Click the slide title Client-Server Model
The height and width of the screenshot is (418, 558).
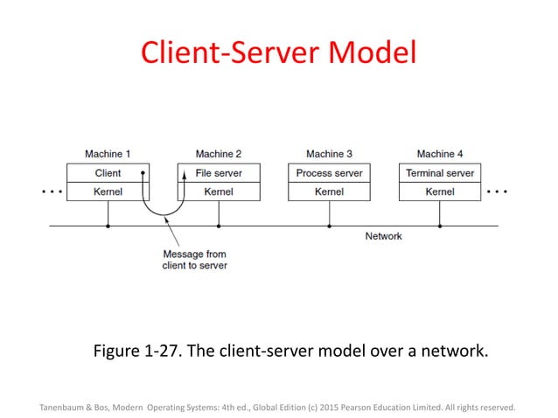point(280,53)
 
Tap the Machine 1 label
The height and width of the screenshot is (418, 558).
point(108,154)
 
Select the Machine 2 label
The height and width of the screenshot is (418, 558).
point(219,154)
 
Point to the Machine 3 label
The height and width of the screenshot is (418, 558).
point(329,154)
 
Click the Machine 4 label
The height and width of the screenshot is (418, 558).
point(440,154)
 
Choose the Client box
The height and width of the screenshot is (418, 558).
point(108,173)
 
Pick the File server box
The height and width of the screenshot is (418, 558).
point(219,173)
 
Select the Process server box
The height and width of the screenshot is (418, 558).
point(329,173)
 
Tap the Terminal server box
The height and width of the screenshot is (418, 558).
point(440,173)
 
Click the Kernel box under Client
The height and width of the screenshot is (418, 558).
point(108,192)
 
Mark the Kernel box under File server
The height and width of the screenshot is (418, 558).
point(219,192)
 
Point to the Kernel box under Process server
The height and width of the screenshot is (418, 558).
point(329,192)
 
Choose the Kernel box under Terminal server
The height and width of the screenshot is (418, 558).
point(440,192)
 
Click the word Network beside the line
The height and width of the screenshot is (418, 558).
point(383,236)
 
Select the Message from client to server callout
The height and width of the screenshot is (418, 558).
point(194,260)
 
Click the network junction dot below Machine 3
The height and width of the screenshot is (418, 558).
point(330,226)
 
